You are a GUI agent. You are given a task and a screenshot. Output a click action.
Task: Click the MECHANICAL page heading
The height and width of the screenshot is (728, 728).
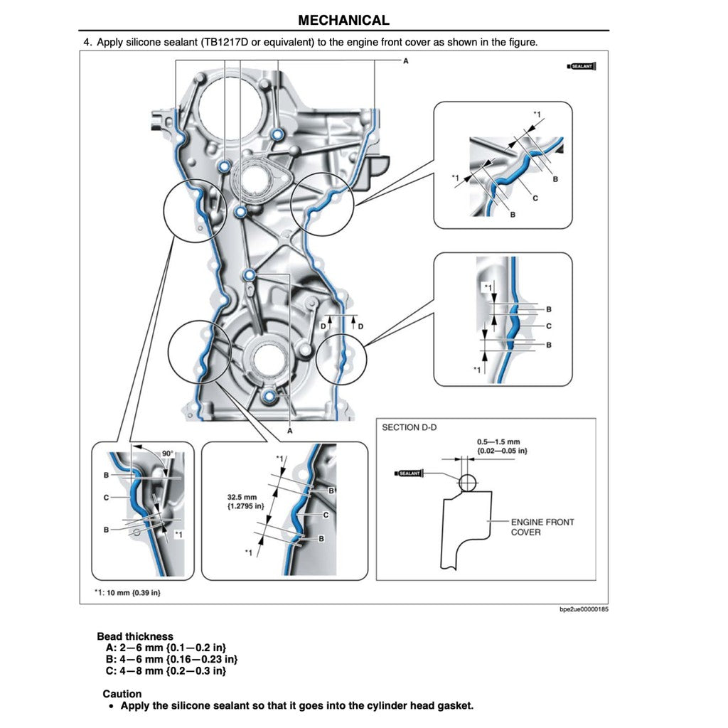click(343, 21)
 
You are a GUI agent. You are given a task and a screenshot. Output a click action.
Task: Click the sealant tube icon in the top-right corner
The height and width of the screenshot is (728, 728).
click(582, 66)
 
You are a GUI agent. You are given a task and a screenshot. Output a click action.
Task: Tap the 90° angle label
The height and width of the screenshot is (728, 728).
click(167, 453)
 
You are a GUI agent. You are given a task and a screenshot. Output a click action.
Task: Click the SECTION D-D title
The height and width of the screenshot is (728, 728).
click(409, 427)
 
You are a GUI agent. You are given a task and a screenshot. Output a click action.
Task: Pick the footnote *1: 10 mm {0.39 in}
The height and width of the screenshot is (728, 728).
click(127, 592)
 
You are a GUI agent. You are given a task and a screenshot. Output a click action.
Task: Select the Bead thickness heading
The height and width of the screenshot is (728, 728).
click(135, 636)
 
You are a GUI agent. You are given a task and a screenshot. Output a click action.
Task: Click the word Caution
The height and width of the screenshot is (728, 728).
click(122, 694)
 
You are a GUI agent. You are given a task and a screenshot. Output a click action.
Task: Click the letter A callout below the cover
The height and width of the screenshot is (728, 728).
click(290, 431)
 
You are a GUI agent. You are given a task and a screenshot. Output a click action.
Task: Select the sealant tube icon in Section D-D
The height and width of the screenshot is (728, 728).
click(409, 473)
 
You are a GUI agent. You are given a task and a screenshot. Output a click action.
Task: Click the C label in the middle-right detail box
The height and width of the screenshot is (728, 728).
click(549, 326)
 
